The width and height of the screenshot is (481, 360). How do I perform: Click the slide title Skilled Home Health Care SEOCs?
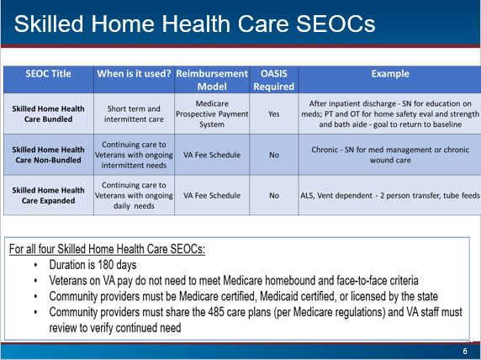point(194,24)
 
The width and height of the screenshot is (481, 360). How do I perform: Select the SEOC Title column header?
point(48,74)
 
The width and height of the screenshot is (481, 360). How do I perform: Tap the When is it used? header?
point(134,74)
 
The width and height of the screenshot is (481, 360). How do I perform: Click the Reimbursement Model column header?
point(212,80)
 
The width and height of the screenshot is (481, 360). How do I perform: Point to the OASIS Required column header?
point(274,80)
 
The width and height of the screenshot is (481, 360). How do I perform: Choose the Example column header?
point(390,74)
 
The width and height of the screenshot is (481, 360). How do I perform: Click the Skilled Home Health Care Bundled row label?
point(48,114)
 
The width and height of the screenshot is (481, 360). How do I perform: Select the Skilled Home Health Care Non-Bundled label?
point(48,155)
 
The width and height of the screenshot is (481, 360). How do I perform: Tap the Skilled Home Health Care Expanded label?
point(48,195)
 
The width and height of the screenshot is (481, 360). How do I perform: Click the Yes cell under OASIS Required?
point(274,114)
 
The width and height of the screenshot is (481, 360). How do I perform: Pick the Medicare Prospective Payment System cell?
point(212,114)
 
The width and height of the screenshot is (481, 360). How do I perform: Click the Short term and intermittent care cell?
point(134,114)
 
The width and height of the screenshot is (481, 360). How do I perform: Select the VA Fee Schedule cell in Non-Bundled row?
point(212,155)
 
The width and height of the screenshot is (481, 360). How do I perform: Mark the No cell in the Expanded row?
point(274,195)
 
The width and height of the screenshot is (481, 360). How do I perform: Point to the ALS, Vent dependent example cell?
point(390,195)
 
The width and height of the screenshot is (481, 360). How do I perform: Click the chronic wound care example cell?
point(390,155)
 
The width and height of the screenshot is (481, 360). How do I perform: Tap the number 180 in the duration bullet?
point(105,265)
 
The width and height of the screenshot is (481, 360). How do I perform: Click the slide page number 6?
point(465,352)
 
